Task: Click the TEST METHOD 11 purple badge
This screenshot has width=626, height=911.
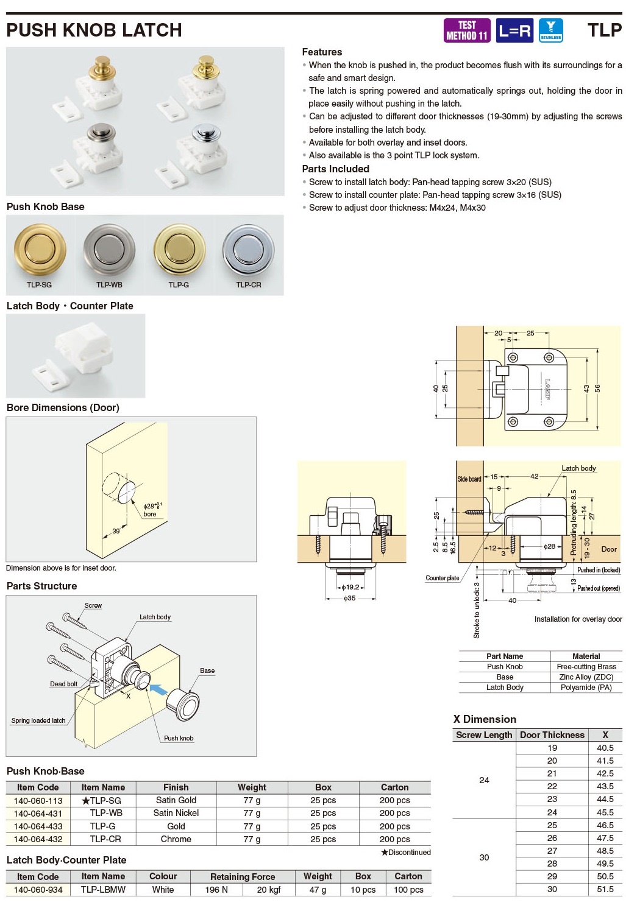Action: click(x=466, y=30)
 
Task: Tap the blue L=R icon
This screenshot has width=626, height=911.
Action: click(x=514, y=30)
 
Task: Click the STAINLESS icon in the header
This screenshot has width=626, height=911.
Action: click(x=550, y=30)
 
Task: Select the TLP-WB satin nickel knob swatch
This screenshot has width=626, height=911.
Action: click(x=110, y=249)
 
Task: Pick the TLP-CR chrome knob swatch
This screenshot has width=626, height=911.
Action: click(x=249, y=249)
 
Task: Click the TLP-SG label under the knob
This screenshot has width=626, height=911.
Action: click(x=39, y=284)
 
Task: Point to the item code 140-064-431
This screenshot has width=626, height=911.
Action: click(x=38, y=813)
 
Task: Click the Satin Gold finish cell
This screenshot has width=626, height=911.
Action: click(x=176, y=800)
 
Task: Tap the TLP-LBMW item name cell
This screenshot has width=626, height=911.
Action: click(x=103, y=890)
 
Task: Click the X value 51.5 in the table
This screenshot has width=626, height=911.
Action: click(x=605, y=889)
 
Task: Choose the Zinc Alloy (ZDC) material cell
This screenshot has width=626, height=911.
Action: click(x=586, y=677)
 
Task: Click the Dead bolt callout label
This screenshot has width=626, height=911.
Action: click(x=63, y=684)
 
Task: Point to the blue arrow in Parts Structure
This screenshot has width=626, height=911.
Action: click(x=158, y=690)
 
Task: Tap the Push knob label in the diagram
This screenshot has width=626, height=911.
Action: click(x=179, y=738)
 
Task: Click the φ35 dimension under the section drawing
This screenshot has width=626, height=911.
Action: click(x=349, y=599)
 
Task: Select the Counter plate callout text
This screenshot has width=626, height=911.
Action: click(x=442, y=578)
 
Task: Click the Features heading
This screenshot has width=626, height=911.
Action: click(x=322, y=52)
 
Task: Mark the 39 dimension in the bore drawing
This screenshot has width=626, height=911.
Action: click(x=116, y=531)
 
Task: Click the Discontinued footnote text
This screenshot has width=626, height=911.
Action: click(x=406, y=853)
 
